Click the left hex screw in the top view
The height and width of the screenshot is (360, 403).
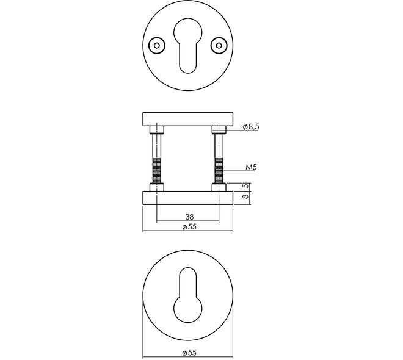[x=157, y=46]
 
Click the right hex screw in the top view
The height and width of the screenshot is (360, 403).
[x=219, y=46]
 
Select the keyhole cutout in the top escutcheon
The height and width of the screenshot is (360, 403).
[x=188, y=46]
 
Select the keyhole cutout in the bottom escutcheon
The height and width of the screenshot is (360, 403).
[x=188, y=295]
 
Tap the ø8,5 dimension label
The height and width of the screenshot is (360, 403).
[x=251, y=127]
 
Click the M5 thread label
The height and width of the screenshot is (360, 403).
[x=251, y=167]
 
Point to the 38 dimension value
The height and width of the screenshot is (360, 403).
[x=189, y=217]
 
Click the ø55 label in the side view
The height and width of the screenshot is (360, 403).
[x=189, y=227]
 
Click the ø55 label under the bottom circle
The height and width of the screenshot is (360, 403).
[x=189, y=353]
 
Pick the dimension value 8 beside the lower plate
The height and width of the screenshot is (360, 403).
[x=245, y=196]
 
